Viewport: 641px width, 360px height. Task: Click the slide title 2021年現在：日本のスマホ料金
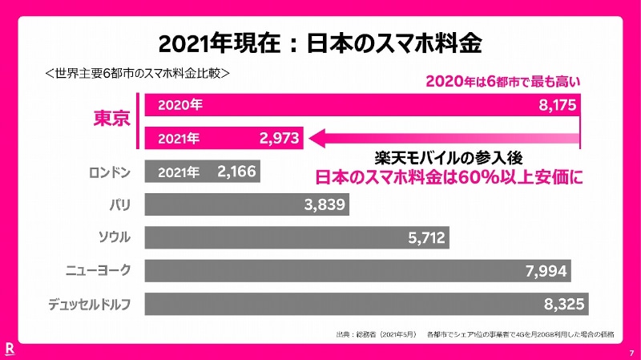click(x=320, y=42)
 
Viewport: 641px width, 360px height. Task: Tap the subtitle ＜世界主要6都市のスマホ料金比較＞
click(x=139, y=72)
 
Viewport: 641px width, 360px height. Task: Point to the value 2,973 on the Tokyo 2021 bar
click(x=279, y=139)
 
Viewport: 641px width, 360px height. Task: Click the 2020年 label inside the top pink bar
click(x=180, y=105)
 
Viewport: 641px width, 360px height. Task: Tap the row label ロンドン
click(x=110, y=171)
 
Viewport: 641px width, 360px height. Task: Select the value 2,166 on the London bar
click(x=237, y=171)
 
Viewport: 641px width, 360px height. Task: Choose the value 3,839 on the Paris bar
click(x=325, y=204)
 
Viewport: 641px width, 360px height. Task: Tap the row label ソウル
click(x=114, y=237)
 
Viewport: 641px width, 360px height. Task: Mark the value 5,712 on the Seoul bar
click(x=427, y=237)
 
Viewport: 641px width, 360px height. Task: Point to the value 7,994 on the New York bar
click(x=547, y=271)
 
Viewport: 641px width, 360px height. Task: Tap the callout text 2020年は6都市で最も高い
click(x=502, y=81)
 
